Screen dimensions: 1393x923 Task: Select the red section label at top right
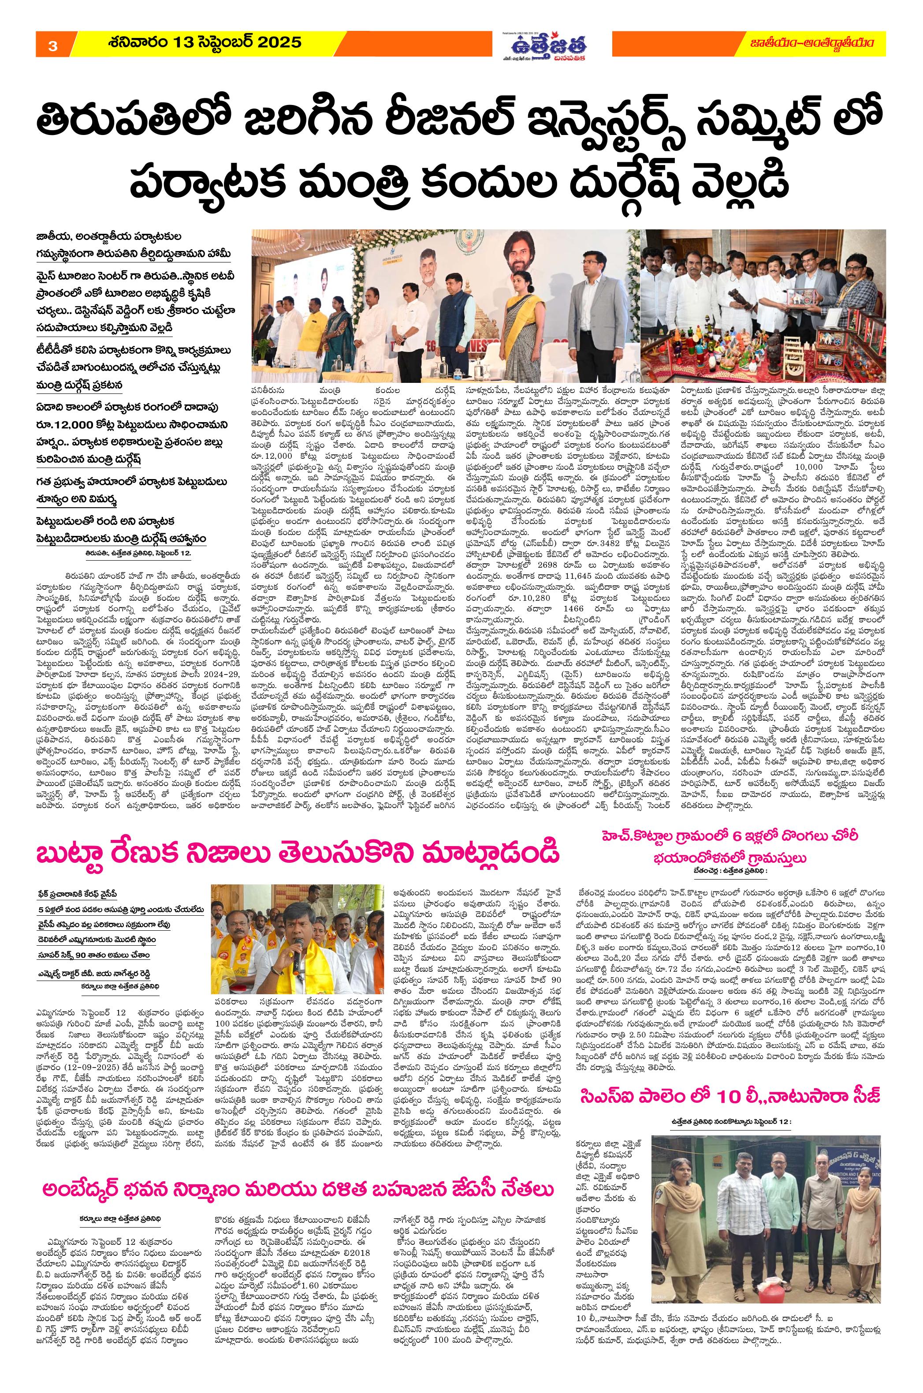point(822,44)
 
